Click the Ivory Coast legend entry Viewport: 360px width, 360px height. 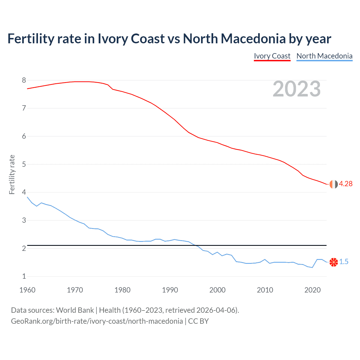[x=272, y=56]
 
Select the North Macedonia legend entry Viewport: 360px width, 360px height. [x=324, y=56]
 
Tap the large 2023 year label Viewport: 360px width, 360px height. [x=297, y=89]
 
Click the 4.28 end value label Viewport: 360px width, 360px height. [x=346, y=184]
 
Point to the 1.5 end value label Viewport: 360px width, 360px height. [x=344, y=262]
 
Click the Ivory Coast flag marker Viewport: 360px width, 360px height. [x=334, y=184]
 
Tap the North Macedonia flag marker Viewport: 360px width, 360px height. [x=334, y=262]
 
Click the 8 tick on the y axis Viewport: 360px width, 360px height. [x=24, y=80]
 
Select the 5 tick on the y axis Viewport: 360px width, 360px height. [x=24, y=164]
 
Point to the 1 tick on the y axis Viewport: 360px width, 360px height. [x=24, y=276]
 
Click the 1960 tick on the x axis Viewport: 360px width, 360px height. [x=27, y=290]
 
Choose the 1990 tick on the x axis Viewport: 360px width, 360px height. [x=170, y=290]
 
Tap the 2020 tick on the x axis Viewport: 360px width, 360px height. [x=312, y=290]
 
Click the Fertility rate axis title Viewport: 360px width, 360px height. [x=12, y=174]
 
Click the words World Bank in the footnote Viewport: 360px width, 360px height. [x=75, y=310]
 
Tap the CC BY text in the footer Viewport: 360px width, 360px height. [x=198, y=321]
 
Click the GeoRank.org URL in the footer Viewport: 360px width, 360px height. [x=97, y=321]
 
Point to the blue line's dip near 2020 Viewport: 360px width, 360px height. [x=312, y=267]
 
